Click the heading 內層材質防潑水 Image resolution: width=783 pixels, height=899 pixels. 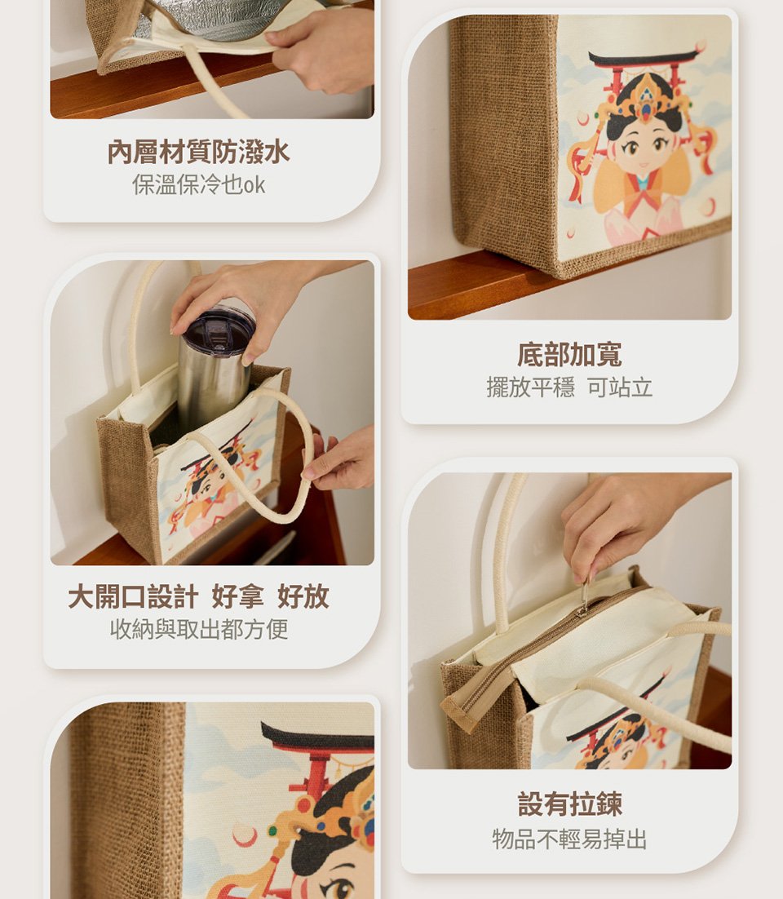198,152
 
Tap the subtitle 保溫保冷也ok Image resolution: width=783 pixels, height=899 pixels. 198,184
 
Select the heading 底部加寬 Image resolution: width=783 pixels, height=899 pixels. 569,354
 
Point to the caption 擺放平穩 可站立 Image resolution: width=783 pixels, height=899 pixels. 569,387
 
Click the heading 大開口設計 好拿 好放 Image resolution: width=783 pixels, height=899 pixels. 198,596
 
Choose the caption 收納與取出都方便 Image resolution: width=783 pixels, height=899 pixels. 198,629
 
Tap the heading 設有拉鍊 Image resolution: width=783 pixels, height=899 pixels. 569,804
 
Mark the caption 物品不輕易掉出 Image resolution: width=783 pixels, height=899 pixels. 569,839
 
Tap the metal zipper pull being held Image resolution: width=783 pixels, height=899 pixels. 583,596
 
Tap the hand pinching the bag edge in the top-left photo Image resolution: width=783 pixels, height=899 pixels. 321,49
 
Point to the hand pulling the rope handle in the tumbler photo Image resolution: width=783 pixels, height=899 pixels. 339,458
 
